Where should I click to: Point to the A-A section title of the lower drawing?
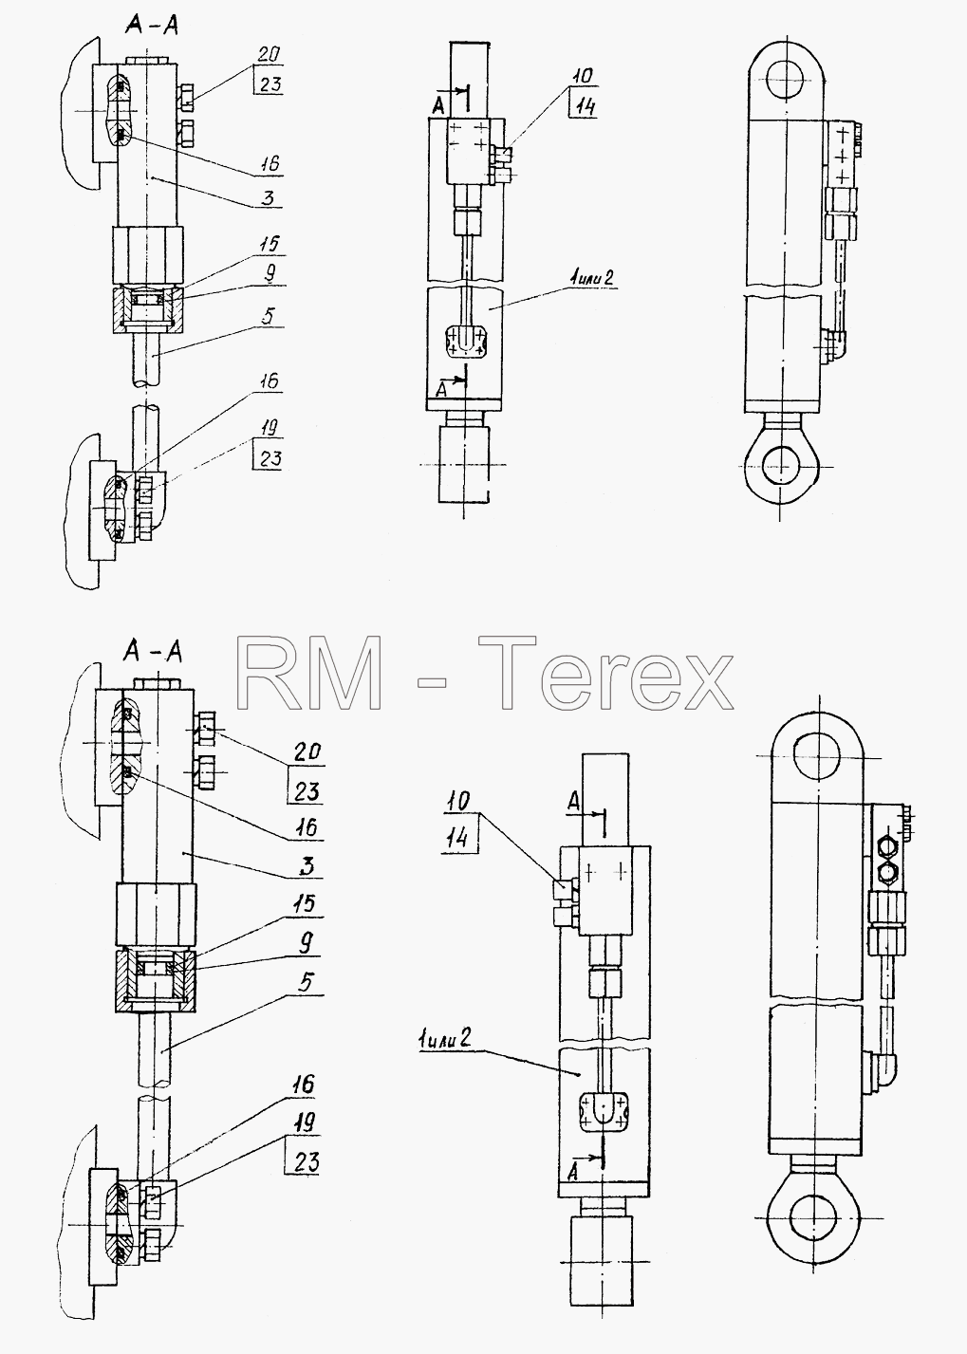click(152, 652)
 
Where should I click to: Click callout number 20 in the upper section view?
click(269, 54)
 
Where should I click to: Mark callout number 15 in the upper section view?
click(270, 244)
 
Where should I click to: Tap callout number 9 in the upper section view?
click(270, 274)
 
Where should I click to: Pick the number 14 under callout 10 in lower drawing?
click(459, 838)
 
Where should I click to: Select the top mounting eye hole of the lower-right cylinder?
click(817, 756)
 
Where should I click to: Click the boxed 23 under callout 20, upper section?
click(270, 83)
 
